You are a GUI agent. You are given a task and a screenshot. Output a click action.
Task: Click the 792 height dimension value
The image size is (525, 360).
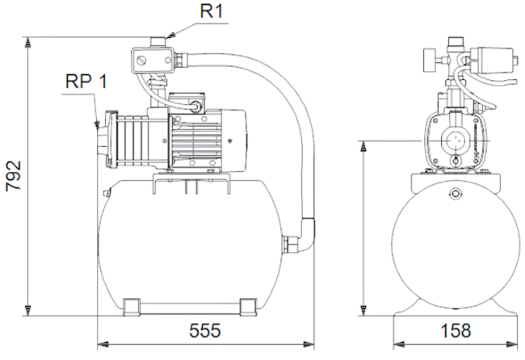pyautogui.click(x=14, y=176)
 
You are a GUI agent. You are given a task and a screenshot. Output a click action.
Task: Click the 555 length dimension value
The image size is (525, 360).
pyautogui.click(x=205, y=331)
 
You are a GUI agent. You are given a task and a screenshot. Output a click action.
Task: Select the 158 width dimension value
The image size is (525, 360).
pyautogui.click(x=456, y=331)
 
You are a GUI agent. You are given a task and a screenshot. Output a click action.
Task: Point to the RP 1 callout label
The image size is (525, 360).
pyautogui.click(x=86, y=81)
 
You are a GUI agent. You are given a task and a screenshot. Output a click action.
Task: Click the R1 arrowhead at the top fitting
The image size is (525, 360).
pyautogui.click(x=170, y=34)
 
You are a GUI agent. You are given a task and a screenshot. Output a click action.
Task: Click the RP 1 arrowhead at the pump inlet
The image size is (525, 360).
pyautogui.click(x=96, y=125)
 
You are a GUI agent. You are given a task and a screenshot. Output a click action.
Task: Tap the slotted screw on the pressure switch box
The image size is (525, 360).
pyautogui.click(x=141, y=61)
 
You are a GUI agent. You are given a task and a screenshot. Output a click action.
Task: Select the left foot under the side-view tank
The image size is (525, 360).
pyautogui.click(x=132, y=307)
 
